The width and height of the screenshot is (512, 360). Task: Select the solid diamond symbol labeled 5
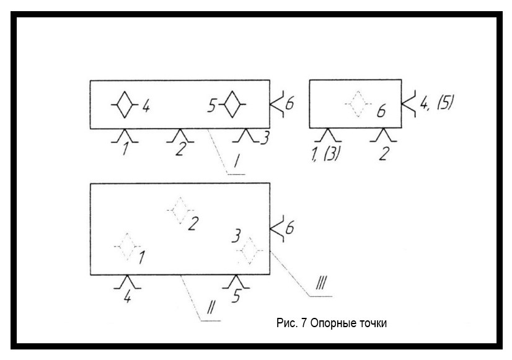pyautogui.click(x=232, y=106)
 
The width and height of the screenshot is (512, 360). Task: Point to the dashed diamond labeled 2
pyautogui.click(x=179, y=211)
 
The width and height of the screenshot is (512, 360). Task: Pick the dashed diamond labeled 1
pyautogui.click(x=126, y=247)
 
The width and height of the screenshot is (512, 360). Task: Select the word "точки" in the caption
pyautogui.click(x=373, y=324)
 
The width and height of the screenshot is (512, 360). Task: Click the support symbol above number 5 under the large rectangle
pyautogui.click(x=236, y=282)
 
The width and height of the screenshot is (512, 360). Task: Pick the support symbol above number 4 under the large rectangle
pyautogui.click(x=128, y=282)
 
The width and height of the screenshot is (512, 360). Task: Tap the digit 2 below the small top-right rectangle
pyautogui.click(x=383, y=153)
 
